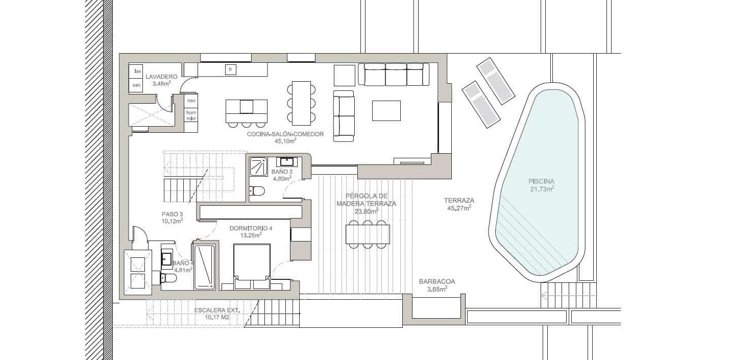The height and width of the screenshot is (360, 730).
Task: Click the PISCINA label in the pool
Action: coord(541,181)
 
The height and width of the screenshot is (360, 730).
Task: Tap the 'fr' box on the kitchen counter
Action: coord(230,69)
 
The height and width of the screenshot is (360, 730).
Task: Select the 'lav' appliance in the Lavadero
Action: coord(137,71)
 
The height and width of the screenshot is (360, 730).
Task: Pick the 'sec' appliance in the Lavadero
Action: coord(136,85)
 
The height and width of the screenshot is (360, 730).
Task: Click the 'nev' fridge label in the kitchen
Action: coord(191,101)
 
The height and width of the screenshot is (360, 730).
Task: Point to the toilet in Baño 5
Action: coord(257,190)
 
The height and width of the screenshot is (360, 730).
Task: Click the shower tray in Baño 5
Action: coord(258,167)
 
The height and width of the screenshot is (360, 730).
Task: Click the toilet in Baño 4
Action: coord(169,278)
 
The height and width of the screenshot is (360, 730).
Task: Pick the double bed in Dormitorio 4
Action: coord(252,267)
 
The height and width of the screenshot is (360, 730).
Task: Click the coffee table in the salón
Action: coord(386,111)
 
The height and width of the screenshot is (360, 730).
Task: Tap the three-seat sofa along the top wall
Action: coord(394,75)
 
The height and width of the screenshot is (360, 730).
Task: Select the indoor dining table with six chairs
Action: coord(302,103)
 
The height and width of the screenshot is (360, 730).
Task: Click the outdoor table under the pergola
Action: coord(368,234)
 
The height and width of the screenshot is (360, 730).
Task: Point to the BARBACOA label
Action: coord(437,281)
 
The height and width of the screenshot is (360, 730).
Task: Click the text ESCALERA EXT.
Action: coord(217,310)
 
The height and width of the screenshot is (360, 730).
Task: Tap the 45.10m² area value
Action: coord(285,141)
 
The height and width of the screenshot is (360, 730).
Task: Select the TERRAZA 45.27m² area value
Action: coord(459,208)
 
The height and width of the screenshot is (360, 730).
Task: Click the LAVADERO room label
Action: coord(162,77)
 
